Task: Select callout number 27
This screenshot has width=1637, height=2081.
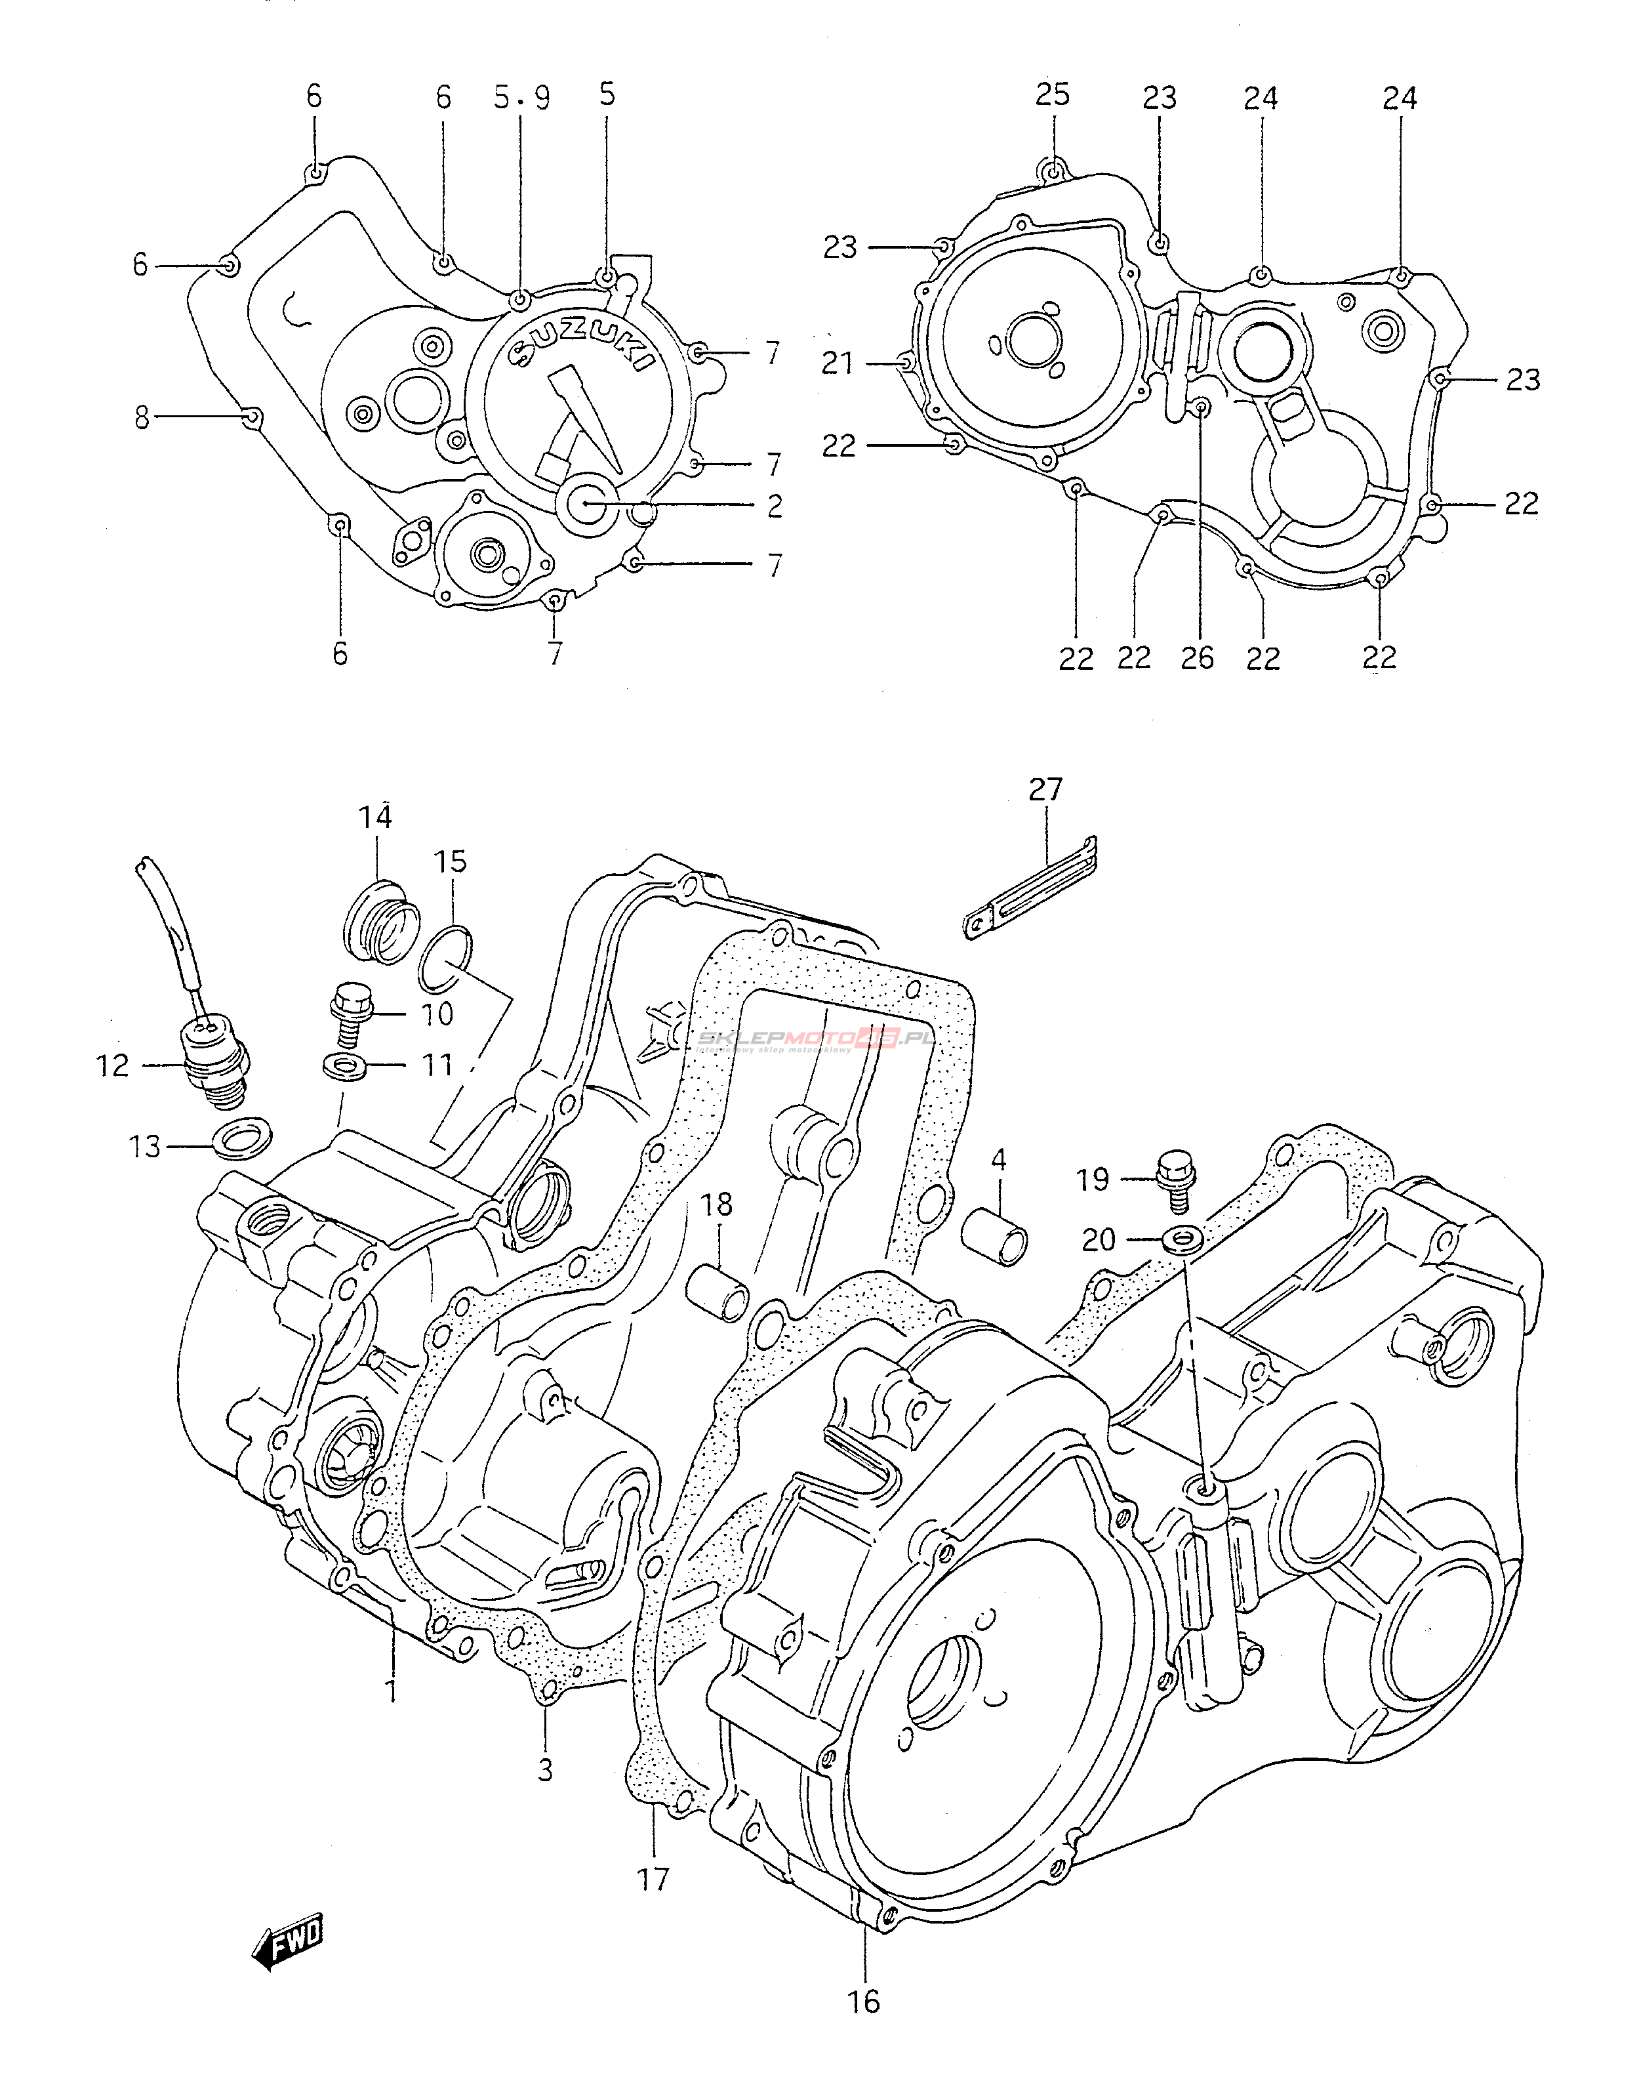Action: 1045,790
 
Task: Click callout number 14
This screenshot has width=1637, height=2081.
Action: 376,817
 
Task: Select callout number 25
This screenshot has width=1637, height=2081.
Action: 1053,95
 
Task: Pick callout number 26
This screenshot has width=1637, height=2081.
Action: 1198,657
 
